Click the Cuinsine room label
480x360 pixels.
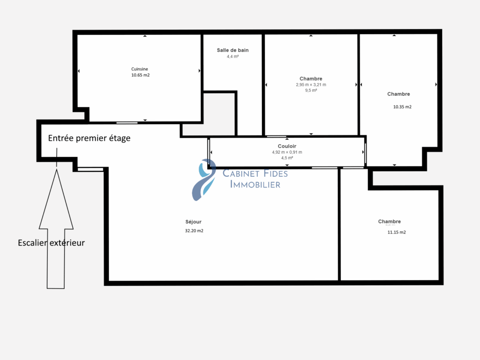click(x=140, y=69)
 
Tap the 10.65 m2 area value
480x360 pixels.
click(x=141, y=75)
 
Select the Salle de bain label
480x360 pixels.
click(x=232, y=50)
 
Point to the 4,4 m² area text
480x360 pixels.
click(x=232, y=57)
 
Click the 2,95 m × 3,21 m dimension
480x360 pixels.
click(x=311, y=85)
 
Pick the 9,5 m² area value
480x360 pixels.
click(x=311, y=90)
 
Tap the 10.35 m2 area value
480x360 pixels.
click(x=402, y=107)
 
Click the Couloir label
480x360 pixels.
click(x=287, y=146)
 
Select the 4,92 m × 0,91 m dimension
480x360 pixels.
click(x=287, y=152)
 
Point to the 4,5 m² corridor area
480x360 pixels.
click(x=287, y=158)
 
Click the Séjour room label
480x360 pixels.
click(x=194, y=222)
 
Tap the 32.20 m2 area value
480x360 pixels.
click(x=194, y=231)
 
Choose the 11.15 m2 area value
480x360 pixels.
click(x=397, y=232)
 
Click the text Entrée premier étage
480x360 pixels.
click(x=89, y=138)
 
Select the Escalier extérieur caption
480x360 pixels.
click(x=51, y=243)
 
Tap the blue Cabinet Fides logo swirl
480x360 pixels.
click(x=203, y=180)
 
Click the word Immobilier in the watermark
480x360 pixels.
click(x=255, y=185)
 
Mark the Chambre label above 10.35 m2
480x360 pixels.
click(x=398, y=94)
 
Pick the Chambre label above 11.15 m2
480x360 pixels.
click(x=390, y=222)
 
